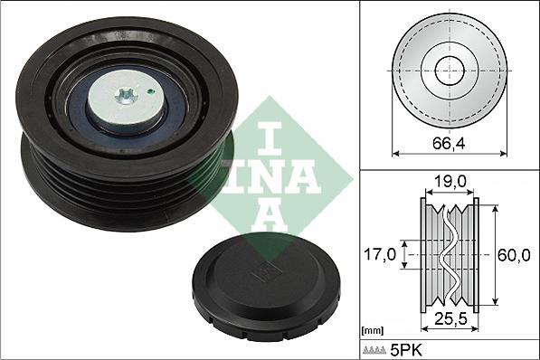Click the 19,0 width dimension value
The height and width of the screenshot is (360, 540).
click(449, 182)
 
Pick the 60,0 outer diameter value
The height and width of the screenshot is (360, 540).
click(513, 255)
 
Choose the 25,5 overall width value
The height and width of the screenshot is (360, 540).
click(449, 317)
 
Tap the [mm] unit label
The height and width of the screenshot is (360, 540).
click(371, 329)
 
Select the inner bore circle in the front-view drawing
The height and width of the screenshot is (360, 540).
click(449, 70)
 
